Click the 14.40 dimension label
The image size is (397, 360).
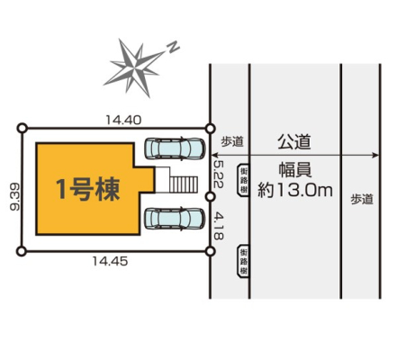[123, 121]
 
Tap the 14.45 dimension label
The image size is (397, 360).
[110, 261]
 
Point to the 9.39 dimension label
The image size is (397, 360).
[14, 197]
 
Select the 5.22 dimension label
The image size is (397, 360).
[218, 174]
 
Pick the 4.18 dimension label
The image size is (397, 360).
[218, 226]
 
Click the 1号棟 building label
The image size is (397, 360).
[88, 189]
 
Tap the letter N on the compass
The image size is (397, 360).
[173, 47]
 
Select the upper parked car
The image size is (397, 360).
[175, 148]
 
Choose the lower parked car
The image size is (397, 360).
[175, 219]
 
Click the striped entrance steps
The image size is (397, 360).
[184, 184]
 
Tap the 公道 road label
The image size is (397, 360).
[293, 142]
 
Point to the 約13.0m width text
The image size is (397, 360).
[295, 190]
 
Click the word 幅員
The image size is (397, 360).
[295, 170]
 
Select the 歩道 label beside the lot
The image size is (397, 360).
[232, 141]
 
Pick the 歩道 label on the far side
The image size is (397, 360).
[362, 199]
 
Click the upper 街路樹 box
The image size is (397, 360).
[243, 180]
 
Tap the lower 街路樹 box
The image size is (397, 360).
[243, 261]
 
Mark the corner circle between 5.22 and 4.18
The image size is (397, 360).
[211, 197]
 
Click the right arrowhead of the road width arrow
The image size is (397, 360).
[376, 155]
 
